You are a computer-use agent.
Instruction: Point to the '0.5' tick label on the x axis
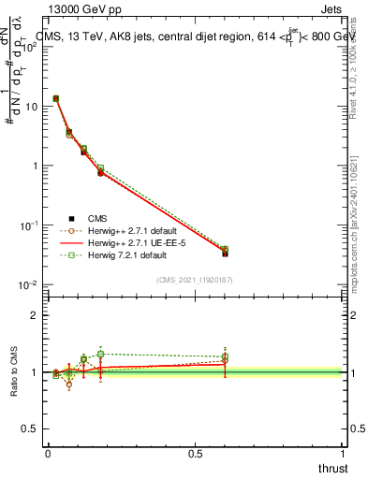point(195,454)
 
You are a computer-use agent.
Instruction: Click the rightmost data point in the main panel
point(225,252)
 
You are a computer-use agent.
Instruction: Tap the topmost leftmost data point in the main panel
point(56,98)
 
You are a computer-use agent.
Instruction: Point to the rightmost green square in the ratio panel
point(225,356)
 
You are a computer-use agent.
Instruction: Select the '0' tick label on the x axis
point(47,454)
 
